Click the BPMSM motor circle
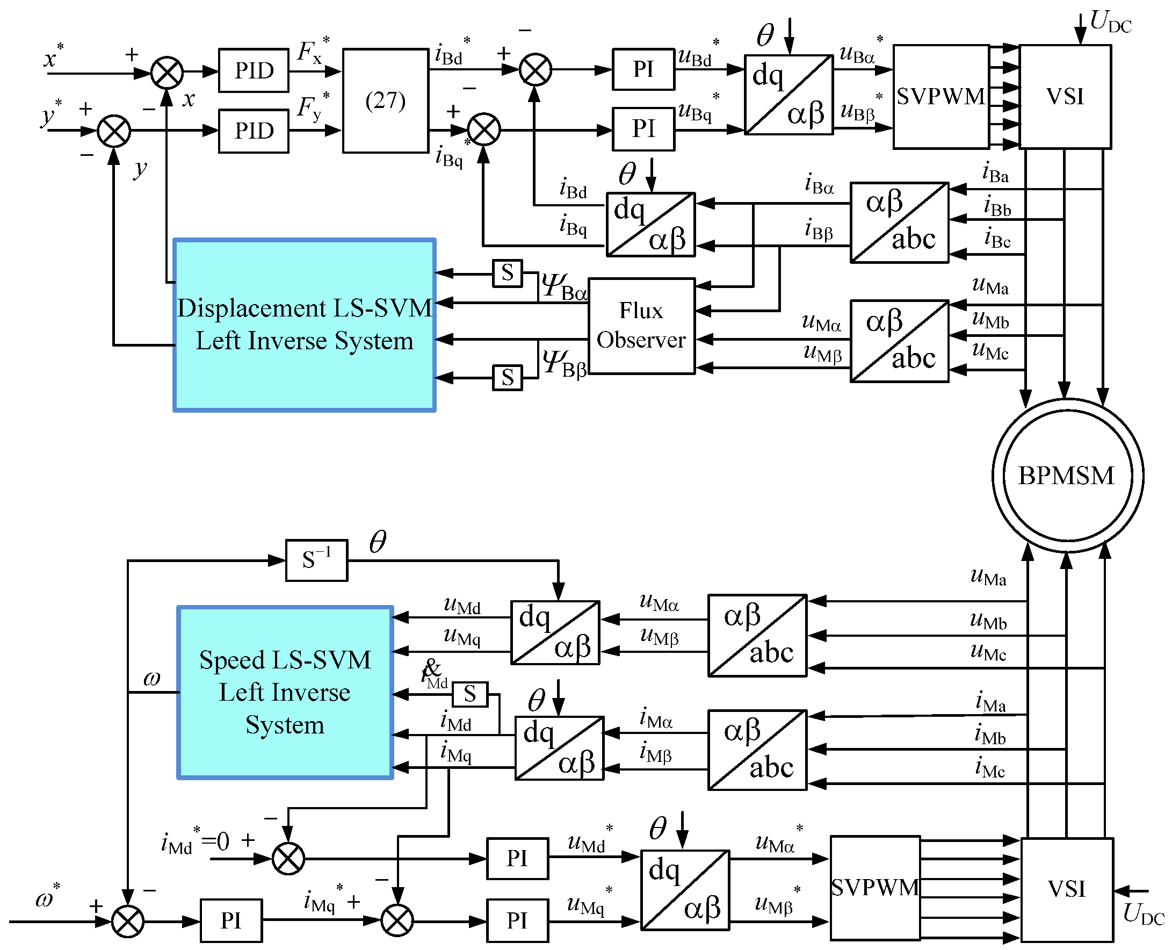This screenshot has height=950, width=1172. (1067, 475)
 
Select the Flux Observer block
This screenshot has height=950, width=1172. (641, 326)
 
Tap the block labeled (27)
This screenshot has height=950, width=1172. (385, 100)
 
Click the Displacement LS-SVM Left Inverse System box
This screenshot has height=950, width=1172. (304, 325)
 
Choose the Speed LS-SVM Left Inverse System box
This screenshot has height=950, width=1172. (285, 692)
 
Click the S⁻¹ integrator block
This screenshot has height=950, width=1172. (316, 560)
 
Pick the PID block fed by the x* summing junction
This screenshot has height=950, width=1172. (253, 70)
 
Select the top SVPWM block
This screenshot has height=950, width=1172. (941, 97)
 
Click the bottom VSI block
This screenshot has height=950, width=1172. (1066, 889)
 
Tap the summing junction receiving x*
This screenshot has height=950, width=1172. (167, 72)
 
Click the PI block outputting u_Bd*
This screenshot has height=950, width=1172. (643, 69)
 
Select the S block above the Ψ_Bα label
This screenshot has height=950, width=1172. (508, 273)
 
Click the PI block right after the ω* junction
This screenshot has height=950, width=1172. (231, 920)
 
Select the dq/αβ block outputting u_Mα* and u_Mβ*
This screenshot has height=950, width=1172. (685, 890)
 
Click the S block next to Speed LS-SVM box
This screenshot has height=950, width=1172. (470, 694)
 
